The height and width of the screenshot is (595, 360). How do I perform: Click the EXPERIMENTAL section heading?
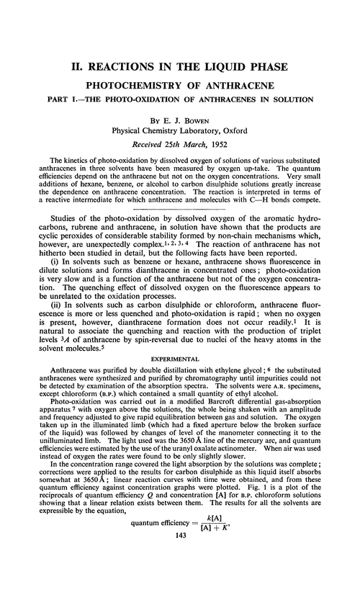(x=179, y=317)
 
